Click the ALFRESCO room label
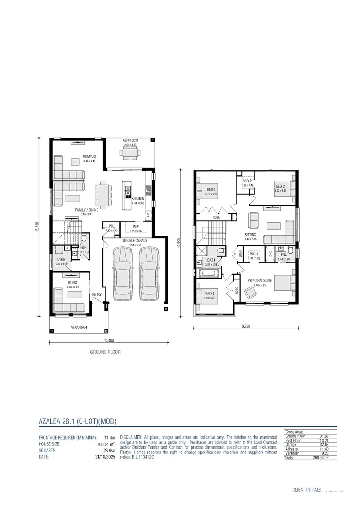click(130, 141)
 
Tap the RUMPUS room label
click(89, 156)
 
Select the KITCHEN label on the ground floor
click(138, 198)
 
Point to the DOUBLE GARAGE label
click(135, 241)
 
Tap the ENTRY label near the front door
click(97, 295)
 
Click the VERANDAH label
click(78, 326)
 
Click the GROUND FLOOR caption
click(105, 352)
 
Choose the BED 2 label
click(281, 187)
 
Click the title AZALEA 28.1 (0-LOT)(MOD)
click(77, 421)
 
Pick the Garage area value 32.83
click(323, 444)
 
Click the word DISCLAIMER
click(131, 438)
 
